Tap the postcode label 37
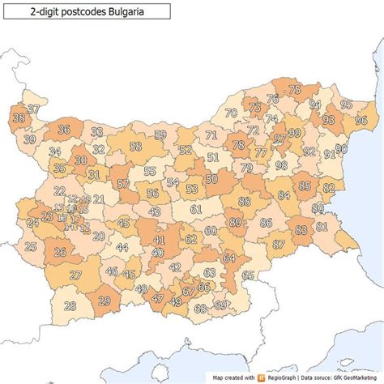pyautogui.click(x=33, y=109)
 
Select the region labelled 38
pyautogui.click(x=19, y=118)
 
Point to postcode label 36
pyautogui.click(x=64, y=130)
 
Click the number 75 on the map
pyautogui.click(x=295, y=90)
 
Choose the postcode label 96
pyautogui.click(x=361, y=121)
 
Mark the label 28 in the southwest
pyautogui.click(x=70, y=305)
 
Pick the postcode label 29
pyautogui.click(x=104, y=301)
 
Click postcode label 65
pyautogui.click(x=248, y=275)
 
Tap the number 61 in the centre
pyautogui.click(x=195, y=209)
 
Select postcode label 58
pyautogui.click(x=135, y=147)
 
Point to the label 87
pyautogui.click(x=279, y=244)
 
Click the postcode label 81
pyautogui.click(x=322, y=227)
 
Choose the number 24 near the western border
pyautogui.click(x=32, y=222)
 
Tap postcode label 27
pyautogui.click(x=75, y=275)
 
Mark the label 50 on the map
pyautogui.click(x=211, y=180)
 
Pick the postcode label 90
pyautogui.click(x=341, y=149)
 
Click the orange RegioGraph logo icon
pyautogui.click(x=262, y=378)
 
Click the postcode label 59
pyautogui.click(x=160, y=134)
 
